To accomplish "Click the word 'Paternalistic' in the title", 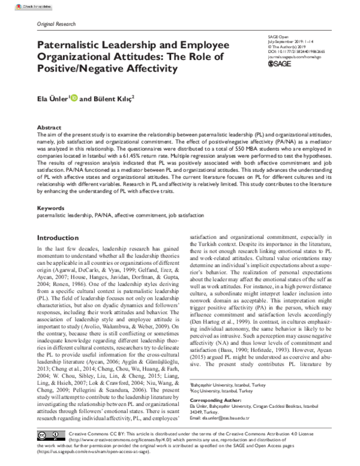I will coord(79,45).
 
